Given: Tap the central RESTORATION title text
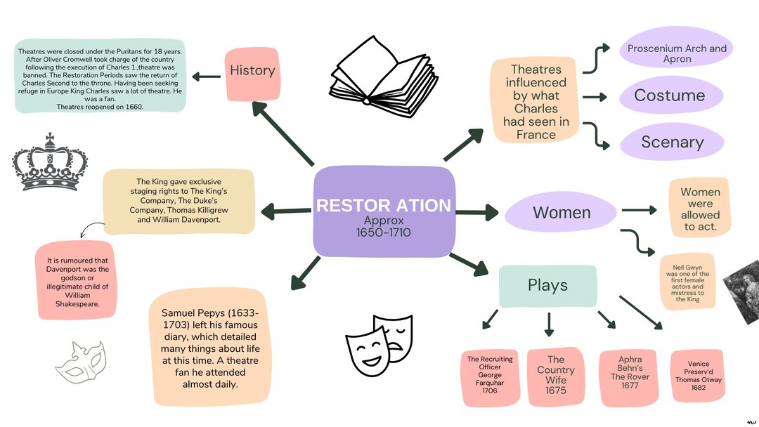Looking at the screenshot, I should pyautogui.click(x=384, y=205).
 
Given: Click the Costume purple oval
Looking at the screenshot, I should pyautogui.click(x=670, y=96).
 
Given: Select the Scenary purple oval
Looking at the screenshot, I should pyautogui.click(x=672, y=142).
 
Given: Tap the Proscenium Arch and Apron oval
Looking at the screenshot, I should pyautogui.click(x=677, y=53).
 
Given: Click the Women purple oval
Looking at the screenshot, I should pyautogui.click(x=562, y=213).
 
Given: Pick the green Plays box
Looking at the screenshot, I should pyautogui.click(x=547, y=285).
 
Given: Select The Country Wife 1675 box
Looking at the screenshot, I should pyautogui.click(x=555, y=375).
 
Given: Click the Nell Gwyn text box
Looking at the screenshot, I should pyautogui.click(x=687, y=283).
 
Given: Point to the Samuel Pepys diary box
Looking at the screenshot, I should pyautogui.click(x=210, y=347).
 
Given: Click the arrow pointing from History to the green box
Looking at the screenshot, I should pyautogui.click(x=207, y=76).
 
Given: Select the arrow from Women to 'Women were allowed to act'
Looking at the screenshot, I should pyautogui.click(x=639, y=210).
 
